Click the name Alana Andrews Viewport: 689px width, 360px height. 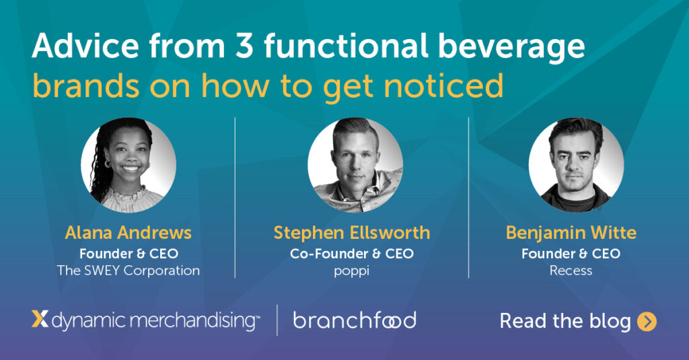129,233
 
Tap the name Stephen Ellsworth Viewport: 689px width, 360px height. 351,233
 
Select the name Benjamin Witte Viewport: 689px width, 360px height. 571,233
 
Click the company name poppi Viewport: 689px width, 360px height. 351,271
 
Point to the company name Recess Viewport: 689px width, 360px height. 571,271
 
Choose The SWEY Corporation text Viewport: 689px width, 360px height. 129,271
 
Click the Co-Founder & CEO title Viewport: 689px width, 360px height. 351,254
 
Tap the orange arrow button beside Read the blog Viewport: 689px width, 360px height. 647,322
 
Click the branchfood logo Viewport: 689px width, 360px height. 355,320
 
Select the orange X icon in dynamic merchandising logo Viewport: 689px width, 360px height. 40,319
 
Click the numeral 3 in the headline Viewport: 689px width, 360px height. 244,46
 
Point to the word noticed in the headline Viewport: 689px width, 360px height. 444,85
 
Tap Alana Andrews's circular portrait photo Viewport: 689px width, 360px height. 129,165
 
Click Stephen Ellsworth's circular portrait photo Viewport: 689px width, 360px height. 355,165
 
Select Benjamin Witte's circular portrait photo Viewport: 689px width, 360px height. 576,165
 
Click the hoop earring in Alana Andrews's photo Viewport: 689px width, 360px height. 107,164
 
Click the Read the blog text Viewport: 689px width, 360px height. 565,322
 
